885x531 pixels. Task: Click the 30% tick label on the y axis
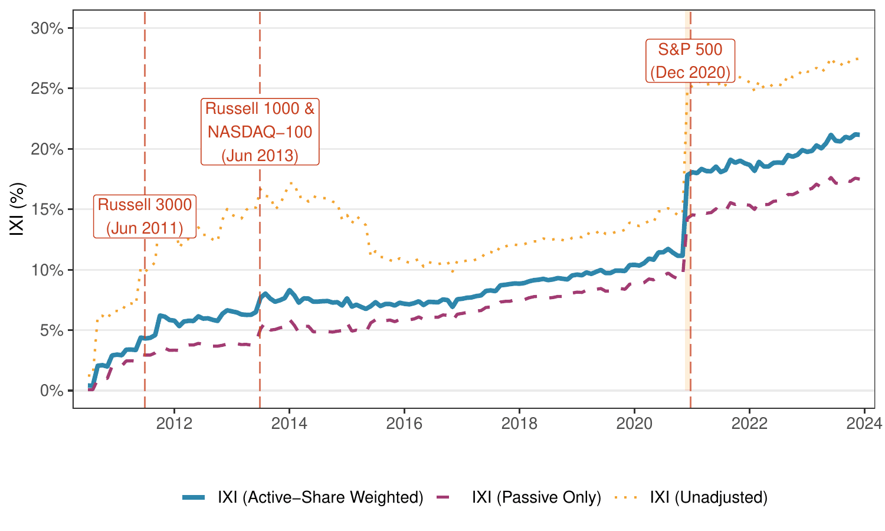(x=47, y=28)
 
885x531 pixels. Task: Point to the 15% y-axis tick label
(x=47, y=209)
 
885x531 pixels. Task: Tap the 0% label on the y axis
(x=51, y=391)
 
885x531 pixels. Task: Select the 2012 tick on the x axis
(x=174, y=424)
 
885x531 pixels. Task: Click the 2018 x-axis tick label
(x=519, y=424)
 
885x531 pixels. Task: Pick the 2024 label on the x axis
(x=864, y=424)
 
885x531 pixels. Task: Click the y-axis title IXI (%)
(x=18, y=209)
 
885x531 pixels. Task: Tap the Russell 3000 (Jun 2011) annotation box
(x=145, y=217)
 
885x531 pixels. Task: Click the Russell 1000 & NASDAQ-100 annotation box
(x=260, y=132)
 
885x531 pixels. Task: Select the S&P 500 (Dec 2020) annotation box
(x=690, y=61)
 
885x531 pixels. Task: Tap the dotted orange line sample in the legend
(x=626, y=497)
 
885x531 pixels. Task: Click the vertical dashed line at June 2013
(x=260, y=265)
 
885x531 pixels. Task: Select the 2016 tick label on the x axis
(x=404, y=424)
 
